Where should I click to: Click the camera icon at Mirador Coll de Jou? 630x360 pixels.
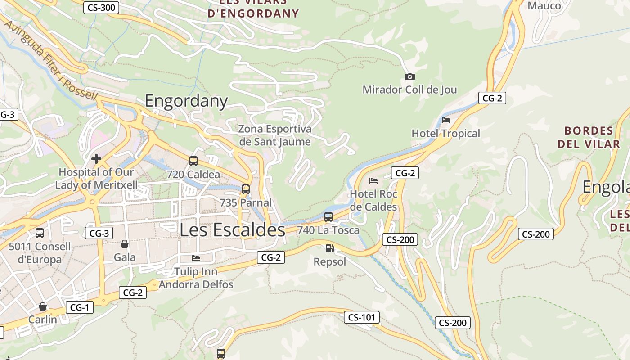click(x=409, y=77)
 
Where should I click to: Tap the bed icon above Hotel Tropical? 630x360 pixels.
click(x=446, y=120)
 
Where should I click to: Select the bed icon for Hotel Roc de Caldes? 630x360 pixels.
click(x=373, y=181)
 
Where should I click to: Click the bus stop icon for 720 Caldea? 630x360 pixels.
click(x=193, y=161)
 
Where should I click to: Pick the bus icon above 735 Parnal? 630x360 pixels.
click(x=246, y=189)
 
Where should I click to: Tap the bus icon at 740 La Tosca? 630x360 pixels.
click(x=328, y=217)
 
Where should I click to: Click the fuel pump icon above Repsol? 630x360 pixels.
click(x=330, y=248)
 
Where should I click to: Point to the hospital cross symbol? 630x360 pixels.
click(x=96, y=159)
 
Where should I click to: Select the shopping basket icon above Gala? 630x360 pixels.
click(x=125, y=244)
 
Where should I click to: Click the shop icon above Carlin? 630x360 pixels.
click(x=43, y=306)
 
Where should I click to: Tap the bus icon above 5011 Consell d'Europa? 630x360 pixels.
click(x=40, y=233)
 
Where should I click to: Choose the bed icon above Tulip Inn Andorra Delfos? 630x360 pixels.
click(x=196, y=258)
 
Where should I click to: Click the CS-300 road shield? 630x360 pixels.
click(x=101, y=7)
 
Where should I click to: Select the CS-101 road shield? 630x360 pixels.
click(x=362, y=317)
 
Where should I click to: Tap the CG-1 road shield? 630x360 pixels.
click(x=80, y=308)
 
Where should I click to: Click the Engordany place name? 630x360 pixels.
click(x=186, y=101)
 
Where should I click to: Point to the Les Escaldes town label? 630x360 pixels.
click(x=232, y=229)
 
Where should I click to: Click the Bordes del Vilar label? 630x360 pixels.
click(x=589, y=137)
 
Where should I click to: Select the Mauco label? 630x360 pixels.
click(x=544, y=6)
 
